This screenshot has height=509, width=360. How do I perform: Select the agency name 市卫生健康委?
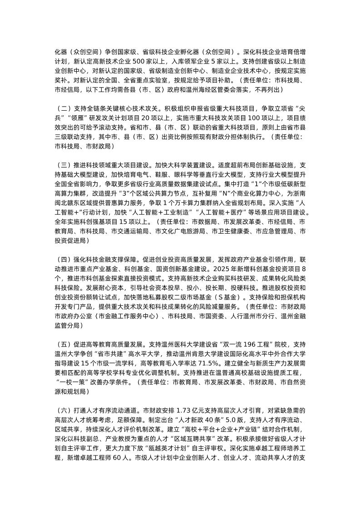(x=227, y=230)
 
